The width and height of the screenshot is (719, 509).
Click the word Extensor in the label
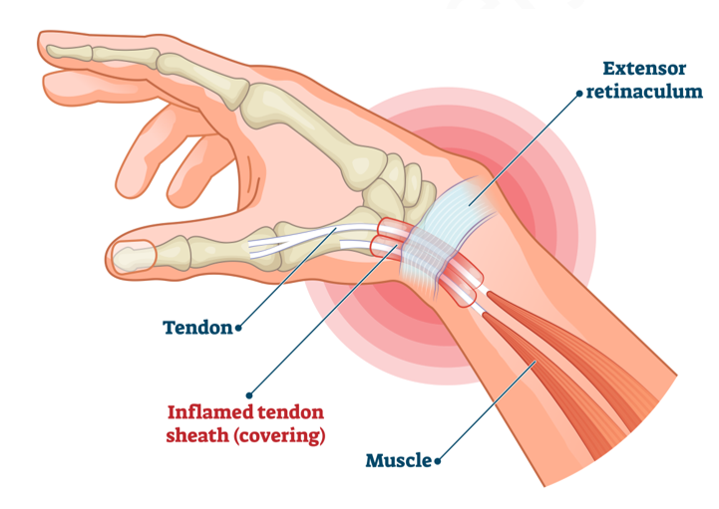click(644, 69)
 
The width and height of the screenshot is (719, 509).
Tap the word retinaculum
click(644, 92)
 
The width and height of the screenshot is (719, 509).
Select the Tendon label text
click(197, 328)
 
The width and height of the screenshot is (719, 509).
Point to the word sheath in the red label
click(197, 435)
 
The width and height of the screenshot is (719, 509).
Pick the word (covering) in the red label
click(279, 435)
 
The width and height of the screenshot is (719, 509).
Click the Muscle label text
click(399, 460)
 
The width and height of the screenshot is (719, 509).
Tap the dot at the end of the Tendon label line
click(238, 328)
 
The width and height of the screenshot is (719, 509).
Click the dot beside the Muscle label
click(438, 461)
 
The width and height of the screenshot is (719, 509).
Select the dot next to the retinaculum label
click(579, 94)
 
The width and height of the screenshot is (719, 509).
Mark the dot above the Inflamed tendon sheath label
click(249, 395)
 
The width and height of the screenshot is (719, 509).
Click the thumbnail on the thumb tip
click(134, 256)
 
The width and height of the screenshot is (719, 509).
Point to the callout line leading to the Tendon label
click(287, 278)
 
